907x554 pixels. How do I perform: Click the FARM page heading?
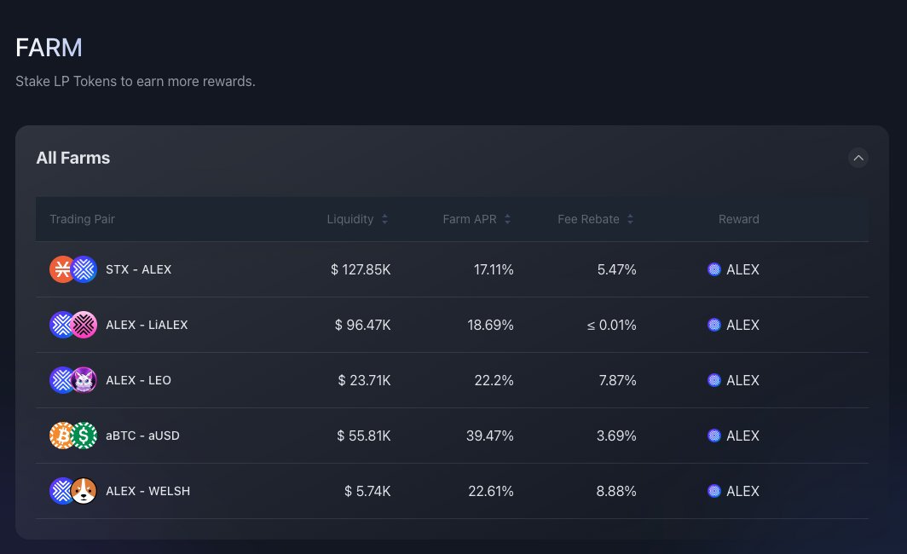(x=49, y=48)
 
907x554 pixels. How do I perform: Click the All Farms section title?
(x=72, y=158)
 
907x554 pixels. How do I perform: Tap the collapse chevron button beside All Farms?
(x=858, y=158)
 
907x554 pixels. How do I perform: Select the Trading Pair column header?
(x=82, y=219)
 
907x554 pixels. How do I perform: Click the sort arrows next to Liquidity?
(x=384, y=219)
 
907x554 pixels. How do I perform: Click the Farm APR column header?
(x=468, y=219)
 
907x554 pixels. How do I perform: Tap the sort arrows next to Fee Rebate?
(x=630, y=219)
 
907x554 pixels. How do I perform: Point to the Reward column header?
(x=738, y=219)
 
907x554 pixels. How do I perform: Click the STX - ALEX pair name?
(x=138, y=269)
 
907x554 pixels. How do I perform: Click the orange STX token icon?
(x=61, y=269)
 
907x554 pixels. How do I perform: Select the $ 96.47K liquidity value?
(x=362, y=325)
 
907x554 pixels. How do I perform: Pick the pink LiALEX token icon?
(x=84, y=325)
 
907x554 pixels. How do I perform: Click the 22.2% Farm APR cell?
(x=494, y=380)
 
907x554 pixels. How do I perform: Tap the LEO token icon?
(x=84, y=380)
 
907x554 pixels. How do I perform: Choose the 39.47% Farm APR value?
(x=489, y=436)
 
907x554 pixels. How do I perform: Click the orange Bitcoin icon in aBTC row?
(x=61, y=436)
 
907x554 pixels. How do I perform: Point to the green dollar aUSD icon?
(x=84, y=436)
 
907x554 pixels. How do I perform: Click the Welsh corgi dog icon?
(x=84, y=491)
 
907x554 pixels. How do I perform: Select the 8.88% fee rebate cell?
(x=616, y=491)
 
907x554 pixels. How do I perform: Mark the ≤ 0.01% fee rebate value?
(x=611, y=325)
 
